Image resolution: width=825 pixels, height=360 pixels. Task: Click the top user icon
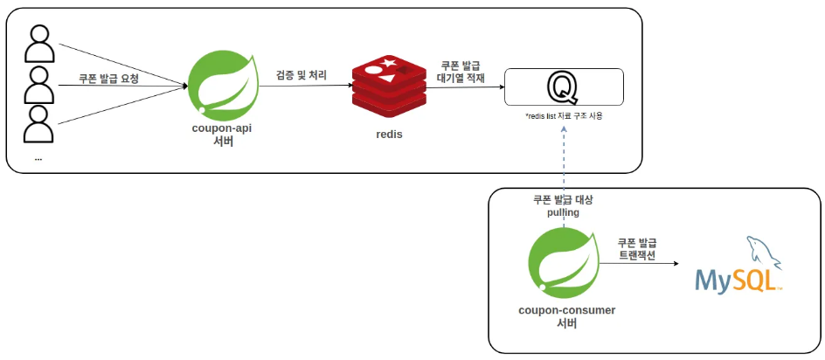[x=38, y=44]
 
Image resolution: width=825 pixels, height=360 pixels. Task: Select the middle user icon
[x=38, y=84]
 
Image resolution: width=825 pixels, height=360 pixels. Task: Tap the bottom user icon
[x=38, y=124]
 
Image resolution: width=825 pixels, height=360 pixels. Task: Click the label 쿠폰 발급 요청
[x=109, y=78]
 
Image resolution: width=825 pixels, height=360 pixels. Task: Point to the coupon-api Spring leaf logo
[x=223, y=86]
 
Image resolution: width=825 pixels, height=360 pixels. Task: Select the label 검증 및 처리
[x=301, y=76]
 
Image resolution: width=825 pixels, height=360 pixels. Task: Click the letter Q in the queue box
[x=562, y=88]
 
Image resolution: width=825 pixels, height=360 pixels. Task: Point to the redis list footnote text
[x=564, y=116]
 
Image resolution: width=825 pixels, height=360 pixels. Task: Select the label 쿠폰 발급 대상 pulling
[x=563, y=206]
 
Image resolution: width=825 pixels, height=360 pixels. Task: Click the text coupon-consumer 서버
[x=566, y=316]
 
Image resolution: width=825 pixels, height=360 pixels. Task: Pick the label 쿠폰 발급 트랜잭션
[x=637, y=249]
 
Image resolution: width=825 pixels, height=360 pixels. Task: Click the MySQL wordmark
[x=736, y=280]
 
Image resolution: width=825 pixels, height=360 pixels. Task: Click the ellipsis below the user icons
[x=38, y=158]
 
